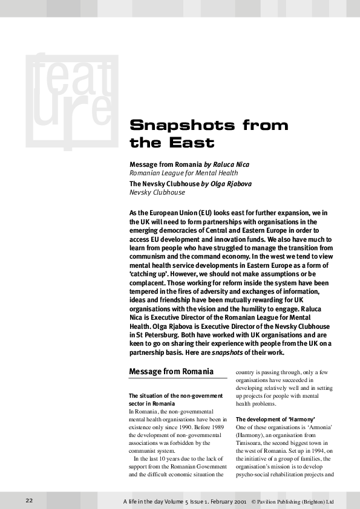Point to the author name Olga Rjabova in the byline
(x=231, y=184)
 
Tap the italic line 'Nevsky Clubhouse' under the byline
(x=157, y=192)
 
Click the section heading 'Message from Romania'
(x=171, y=371)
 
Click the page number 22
(x=29, y=500)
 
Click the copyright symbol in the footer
(x=252, y=501)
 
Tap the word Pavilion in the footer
(x=270, y=501)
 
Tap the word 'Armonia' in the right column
(x=319, y=427)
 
